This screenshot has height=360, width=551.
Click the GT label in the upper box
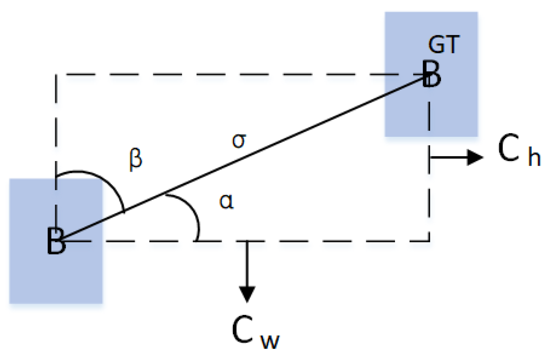point(444,45)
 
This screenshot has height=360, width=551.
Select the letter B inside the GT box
point(432,74)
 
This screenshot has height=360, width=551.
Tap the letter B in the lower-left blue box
point(56,241)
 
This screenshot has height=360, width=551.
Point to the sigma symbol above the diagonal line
point(239,140)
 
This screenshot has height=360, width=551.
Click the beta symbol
point(135,159)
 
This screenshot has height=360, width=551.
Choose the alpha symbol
point(226,201)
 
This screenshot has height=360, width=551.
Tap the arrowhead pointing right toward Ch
point(475,157)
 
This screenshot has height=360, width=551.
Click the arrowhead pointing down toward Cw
point(247,294)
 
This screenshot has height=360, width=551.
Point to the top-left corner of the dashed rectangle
point(56,74)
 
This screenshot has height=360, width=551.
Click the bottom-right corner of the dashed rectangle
point(429,241)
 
